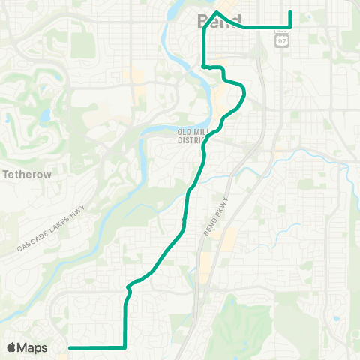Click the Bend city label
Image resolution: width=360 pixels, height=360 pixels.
[x=219, y=19]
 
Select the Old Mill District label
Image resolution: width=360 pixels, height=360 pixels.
[x=196, y=136]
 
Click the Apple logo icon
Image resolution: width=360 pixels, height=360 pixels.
[x=11, y=347]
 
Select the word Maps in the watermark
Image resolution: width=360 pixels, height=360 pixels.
[x=32, y=347]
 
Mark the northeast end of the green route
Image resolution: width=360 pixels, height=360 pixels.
[x=290, y=11]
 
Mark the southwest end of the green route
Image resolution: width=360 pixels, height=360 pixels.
[x=70, y=347]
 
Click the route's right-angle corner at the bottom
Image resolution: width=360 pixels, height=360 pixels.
[x=124, y=347]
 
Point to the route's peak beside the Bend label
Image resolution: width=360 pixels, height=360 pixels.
[x=217, y=12]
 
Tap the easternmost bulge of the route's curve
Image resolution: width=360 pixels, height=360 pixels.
[x=245, y=94]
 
